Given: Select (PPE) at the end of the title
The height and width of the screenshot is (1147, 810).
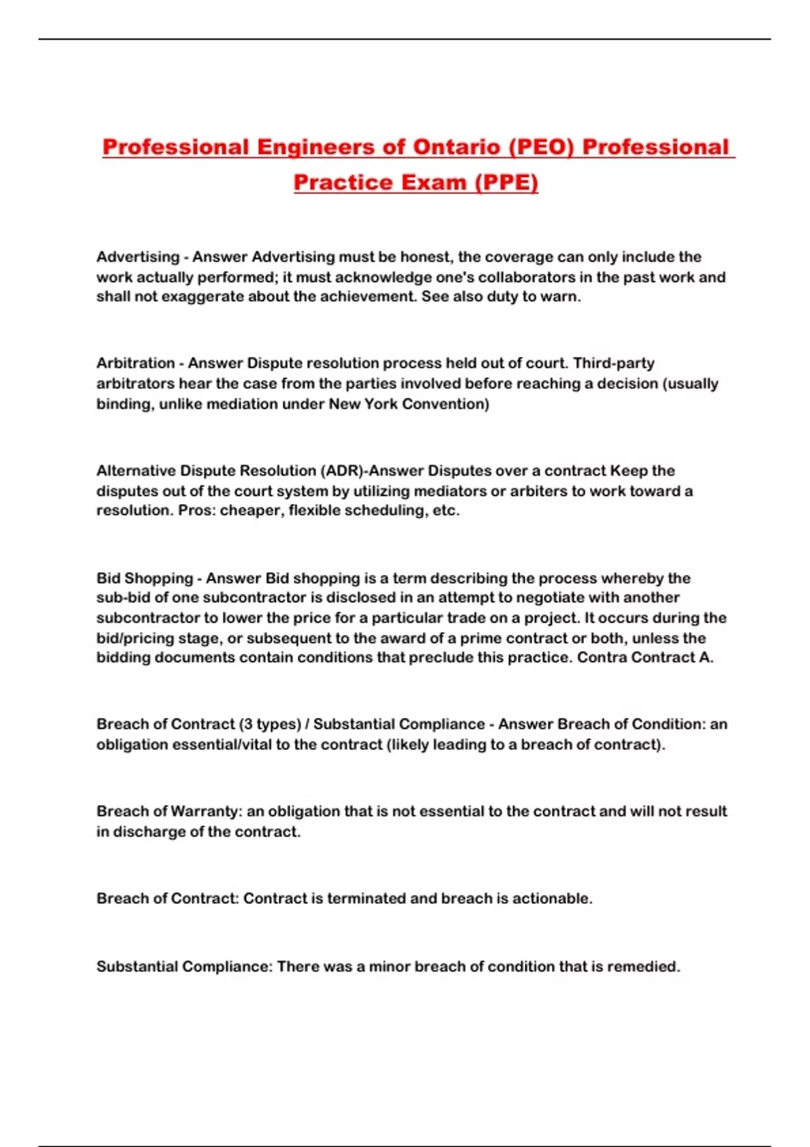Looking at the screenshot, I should coord(506,182).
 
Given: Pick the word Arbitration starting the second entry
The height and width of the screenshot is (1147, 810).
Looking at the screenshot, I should coord(136,363).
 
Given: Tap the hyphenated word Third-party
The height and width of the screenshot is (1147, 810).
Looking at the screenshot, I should coord(614,363).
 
